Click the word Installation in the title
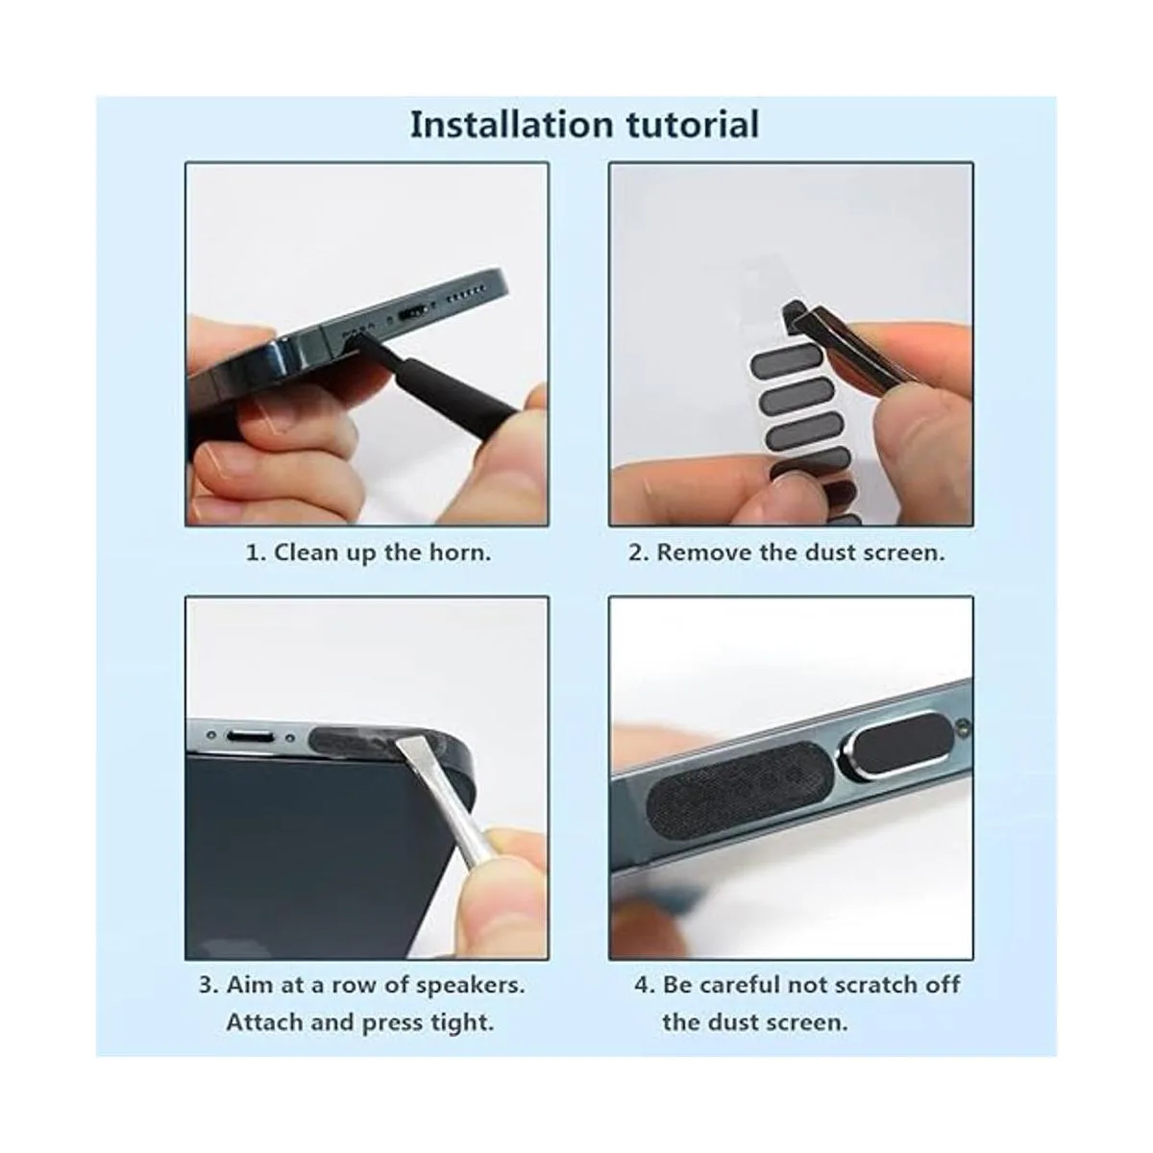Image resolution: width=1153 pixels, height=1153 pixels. coord(511,125)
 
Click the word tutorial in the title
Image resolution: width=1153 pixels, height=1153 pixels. coord(693,125)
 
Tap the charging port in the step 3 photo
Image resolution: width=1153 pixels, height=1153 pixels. coord(248,736)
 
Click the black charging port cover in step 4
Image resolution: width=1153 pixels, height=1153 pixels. coord(900,745)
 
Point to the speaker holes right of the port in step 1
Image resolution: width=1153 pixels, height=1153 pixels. coord(467,292)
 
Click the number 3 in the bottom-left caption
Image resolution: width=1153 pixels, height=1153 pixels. coord(206,985)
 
